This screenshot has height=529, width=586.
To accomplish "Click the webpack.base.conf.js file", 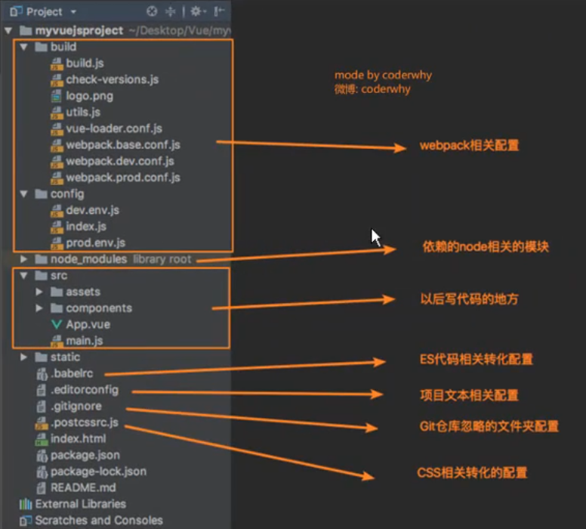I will pyautogui.click(x=122, y=145).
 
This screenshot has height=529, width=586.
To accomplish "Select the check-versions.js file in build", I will pyautogui.click(x=112, y=79).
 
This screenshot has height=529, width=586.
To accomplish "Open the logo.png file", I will pyautogui.click(x=89, y=96).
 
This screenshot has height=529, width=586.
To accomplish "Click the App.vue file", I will pyautogui.click(x=88, y=324).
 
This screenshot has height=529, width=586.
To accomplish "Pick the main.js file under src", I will pyautogui.click(x=84, y=341).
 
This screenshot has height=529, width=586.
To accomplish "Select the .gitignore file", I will pyautogui.click(x=76, y=407).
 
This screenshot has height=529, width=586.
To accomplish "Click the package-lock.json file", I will pyautogui.click(x=98, y=472).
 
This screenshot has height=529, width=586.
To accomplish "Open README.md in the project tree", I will pyautogui.click(x=83, y=488).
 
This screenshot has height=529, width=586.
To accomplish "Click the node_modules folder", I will pyautogui.click(x=88, y=259).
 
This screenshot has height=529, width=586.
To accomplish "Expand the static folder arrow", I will pyautogui.click(x=24, y=357).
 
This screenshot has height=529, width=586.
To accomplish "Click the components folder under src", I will pyautogui.click(x=98, y=308).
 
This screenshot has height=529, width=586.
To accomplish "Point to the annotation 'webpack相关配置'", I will pyautogui.click(x=469, y=146).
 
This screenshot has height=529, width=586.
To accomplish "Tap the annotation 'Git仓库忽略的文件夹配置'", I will pyautogui.click(x=489, y=427).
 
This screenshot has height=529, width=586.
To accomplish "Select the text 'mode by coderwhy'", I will pyautogui.click(x=383, y=76).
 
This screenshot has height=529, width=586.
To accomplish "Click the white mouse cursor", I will pyautogui.click(x=375, y=237).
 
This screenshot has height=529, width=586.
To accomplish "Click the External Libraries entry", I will pyautogui.click(x=80, y=504).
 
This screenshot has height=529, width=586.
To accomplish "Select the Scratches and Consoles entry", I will pyautogui.click(x=98, y=521).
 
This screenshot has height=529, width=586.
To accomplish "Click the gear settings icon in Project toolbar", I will pyautogui.click(x=196, y=11).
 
